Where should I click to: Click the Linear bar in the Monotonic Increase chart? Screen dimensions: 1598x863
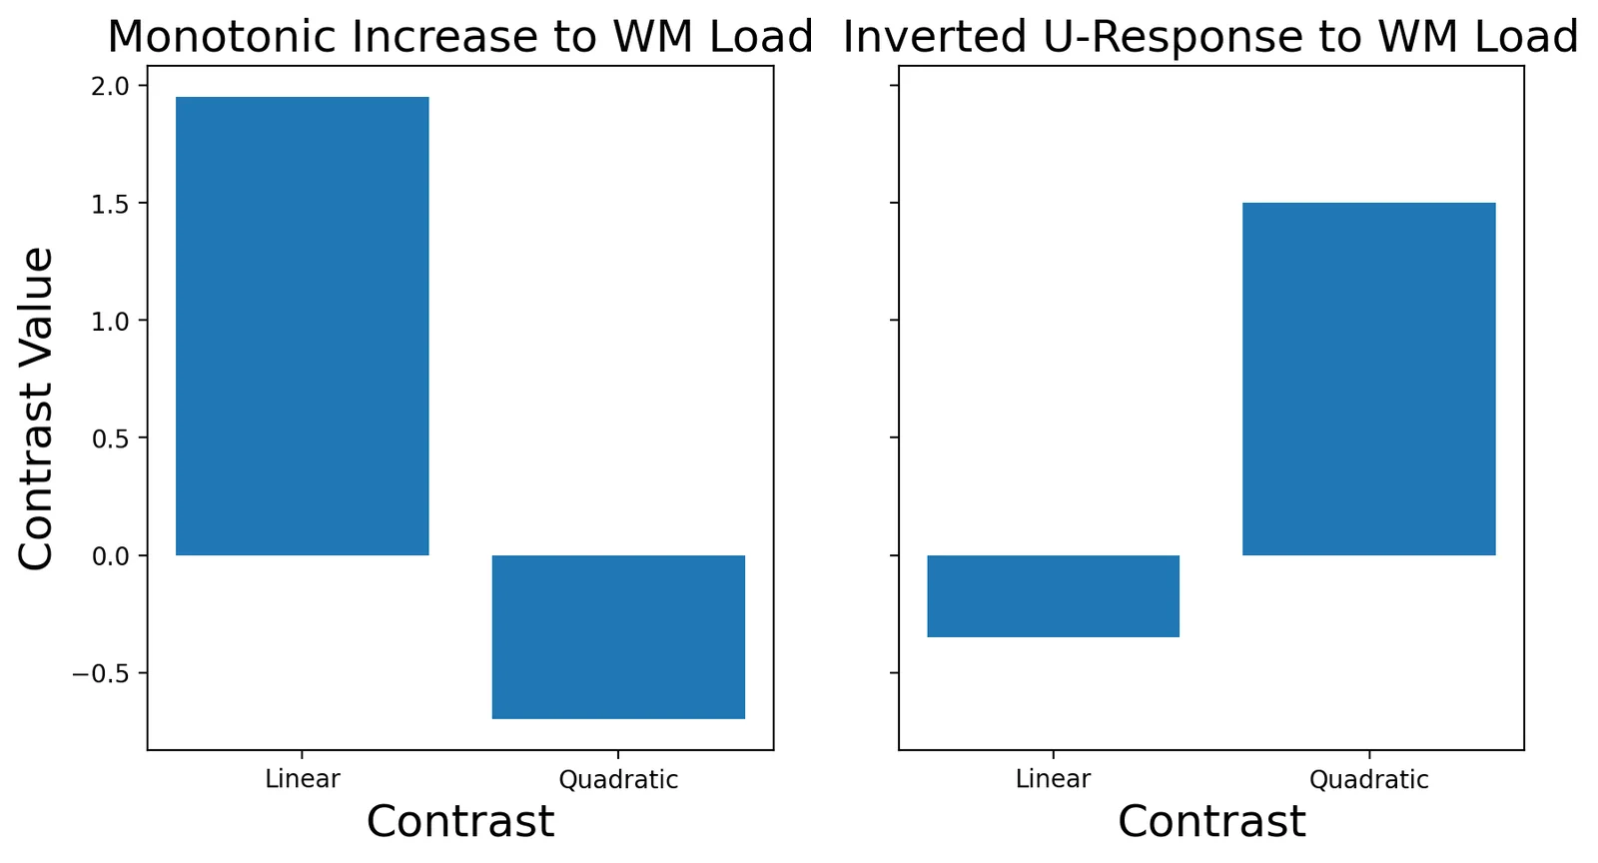coord(303,326)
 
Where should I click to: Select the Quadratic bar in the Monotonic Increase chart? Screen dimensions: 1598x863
coord(618,637)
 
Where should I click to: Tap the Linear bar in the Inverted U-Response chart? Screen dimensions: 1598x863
coord(1054,596)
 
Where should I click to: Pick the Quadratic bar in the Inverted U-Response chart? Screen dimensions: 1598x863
coord(1369,379)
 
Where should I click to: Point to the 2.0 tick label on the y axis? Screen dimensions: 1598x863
coord(110,86)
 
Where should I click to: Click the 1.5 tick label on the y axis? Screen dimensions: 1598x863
coord(110,204)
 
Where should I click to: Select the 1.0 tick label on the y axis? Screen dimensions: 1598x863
coord(110,321)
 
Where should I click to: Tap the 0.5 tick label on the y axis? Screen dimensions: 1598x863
coord(110,438)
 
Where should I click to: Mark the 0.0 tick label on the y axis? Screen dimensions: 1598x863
coord(110,556)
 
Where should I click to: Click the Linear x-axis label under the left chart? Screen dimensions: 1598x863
coord(303,779)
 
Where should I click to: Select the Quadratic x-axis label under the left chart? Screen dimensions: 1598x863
coord(618,780)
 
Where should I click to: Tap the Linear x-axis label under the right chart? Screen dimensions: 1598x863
coord(1054,779)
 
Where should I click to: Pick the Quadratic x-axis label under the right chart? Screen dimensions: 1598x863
coord(1369,780)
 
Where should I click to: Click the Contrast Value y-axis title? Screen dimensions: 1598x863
coord(36,408)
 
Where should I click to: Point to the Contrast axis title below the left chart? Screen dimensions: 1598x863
coord(460,822)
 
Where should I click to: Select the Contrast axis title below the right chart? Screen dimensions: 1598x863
coord(1211,822)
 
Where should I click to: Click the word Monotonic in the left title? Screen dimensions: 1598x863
coord(224,37)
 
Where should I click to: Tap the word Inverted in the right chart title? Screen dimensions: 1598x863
coord(935,37)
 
